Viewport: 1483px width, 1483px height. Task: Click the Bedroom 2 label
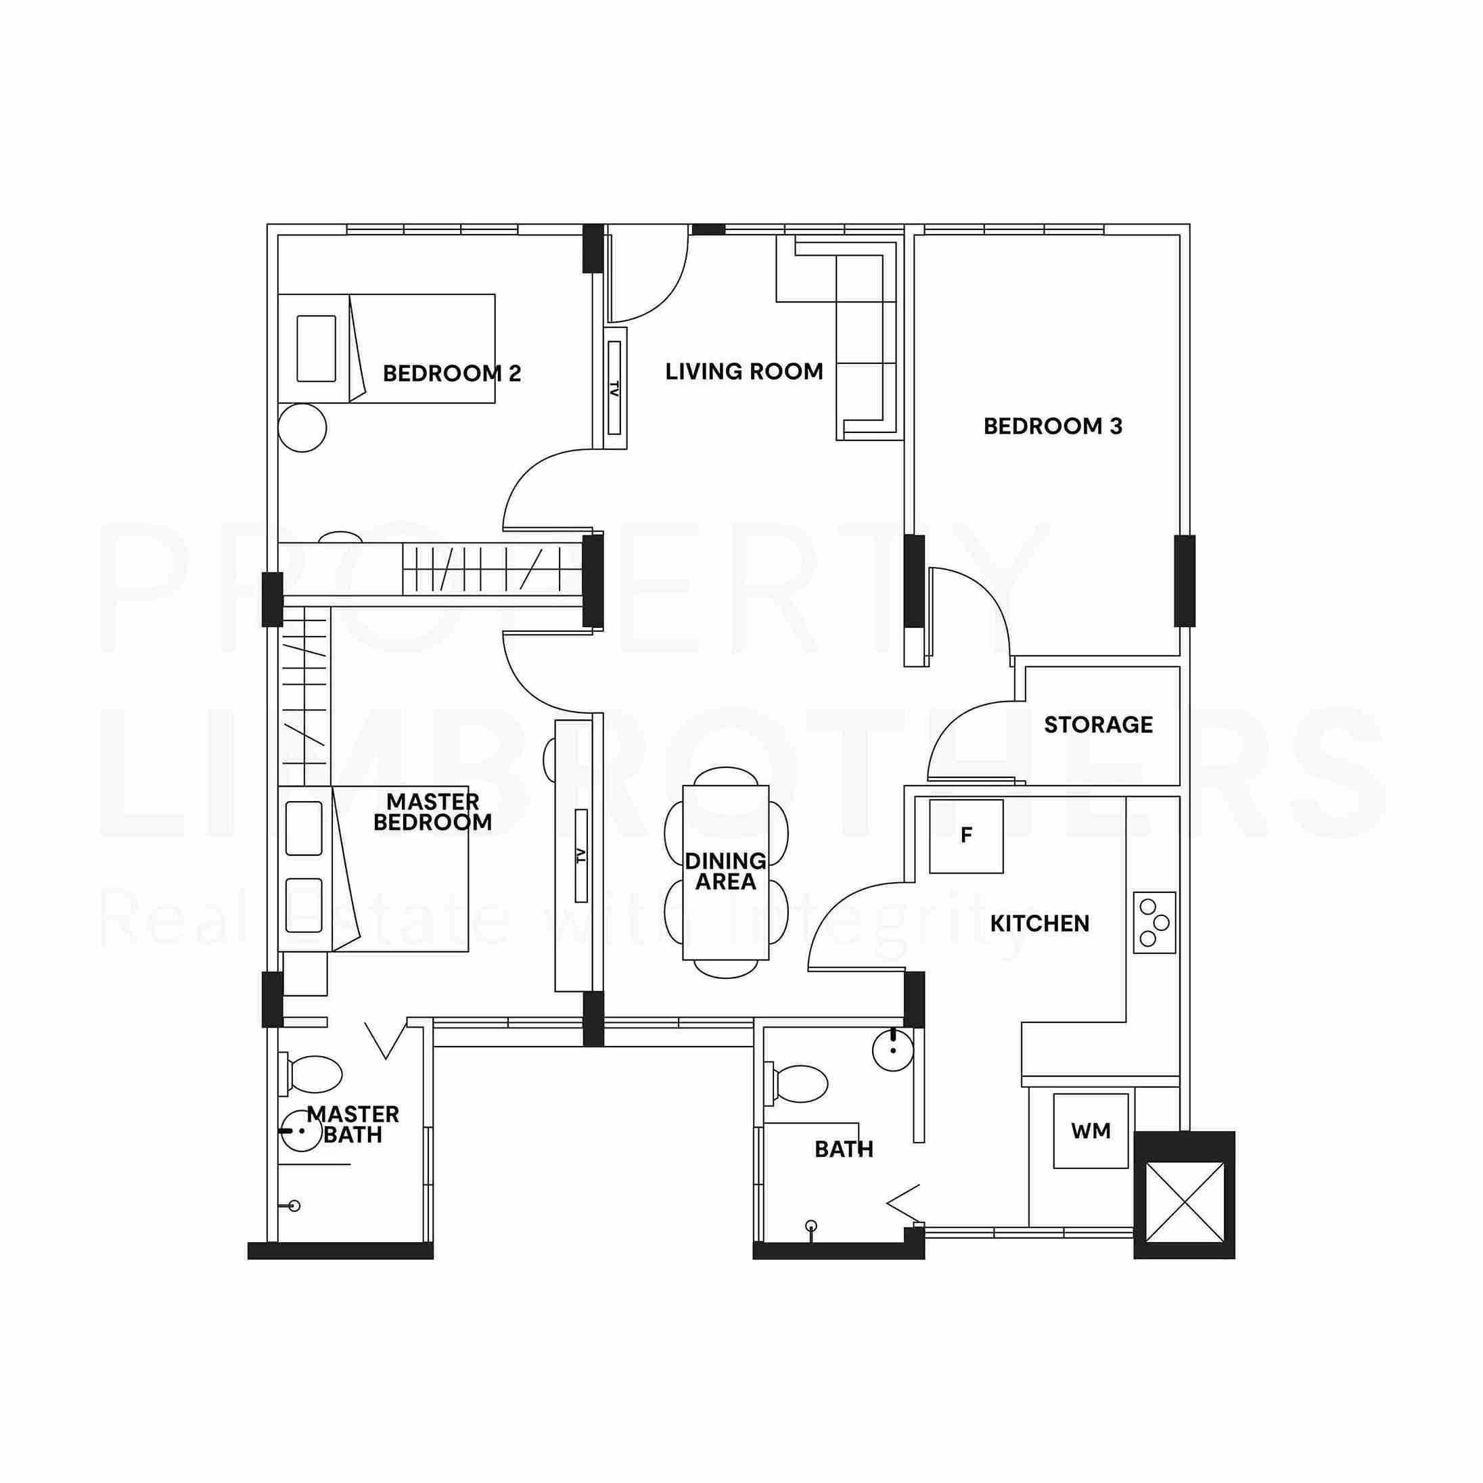[x=452, y=374]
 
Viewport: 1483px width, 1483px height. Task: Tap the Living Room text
[x=744, y=372]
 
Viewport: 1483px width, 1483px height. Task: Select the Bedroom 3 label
[x=1053, y=427]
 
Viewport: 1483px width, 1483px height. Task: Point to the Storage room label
[x=1099, y=725]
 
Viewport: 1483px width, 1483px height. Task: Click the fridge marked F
[x=966, y=836]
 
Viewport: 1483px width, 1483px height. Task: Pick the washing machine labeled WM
[x=1091, y=1131]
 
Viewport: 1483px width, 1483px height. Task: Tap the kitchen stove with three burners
[x=1154, y=923]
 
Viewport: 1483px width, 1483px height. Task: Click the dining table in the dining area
[x=725, y=872]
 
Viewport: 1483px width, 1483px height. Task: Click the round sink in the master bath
[x=301, y=1131]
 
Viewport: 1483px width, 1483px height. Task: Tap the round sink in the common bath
[x=894, y=1050]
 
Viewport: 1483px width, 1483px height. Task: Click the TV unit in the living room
[x=615, y=388]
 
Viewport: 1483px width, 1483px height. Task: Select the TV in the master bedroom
[x=581, y=855]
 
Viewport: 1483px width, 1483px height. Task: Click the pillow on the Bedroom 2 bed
[x=316, y=348]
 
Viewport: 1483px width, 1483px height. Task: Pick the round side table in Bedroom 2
[x=302, y=428]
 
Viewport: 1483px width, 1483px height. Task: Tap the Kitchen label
[x=1039, y=923]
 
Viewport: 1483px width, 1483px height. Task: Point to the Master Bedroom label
[x=432, y=812]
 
